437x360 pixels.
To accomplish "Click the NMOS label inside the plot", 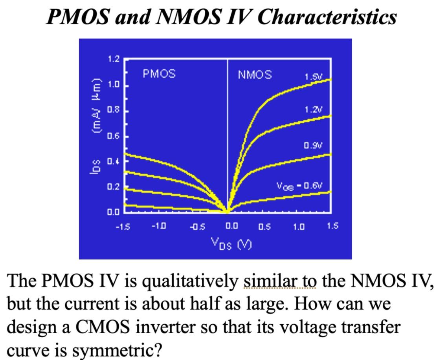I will coord(255,75).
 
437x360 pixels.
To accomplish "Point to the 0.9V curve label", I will coord(313,146).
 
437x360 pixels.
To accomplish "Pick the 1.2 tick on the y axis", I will coord(113,60).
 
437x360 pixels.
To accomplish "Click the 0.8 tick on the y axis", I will coord(113,110).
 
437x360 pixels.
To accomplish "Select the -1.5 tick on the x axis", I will coord(125,227).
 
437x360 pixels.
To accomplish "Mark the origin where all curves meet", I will coord(228,212).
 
